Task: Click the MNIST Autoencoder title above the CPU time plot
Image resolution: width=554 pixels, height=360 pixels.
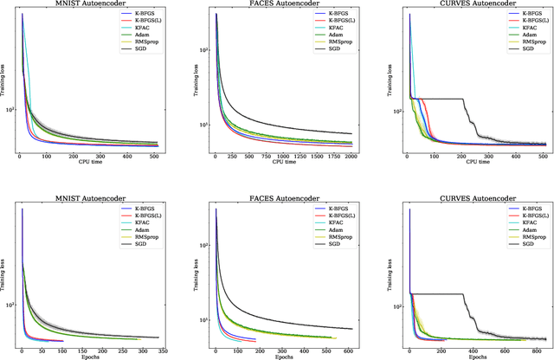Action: click(86, 4)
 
